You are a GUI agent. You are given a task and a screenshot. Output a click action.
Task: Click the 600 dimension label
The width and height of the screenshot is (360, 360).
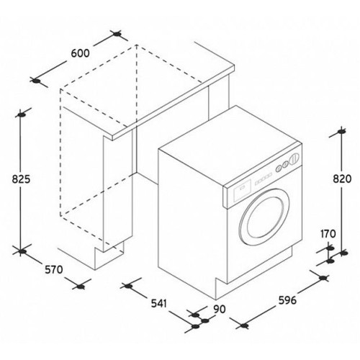click(x=80, y=53)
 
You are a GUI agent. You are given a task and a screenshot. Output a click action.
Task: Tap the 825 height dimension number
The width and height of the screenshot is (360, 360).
click(x=21, y=179)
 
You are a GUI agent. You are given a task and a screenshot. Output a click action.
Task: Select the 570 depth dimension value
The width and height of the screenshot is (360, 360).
click(x=54, y=270)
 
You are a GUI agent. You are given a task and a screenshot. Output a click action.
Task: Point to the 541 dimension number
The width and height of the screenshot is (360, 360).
click(x=158, y=304)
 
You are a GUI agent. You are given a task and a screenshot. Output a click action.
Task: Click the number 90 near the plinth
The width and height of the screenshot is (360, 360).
click(x=220, y=309)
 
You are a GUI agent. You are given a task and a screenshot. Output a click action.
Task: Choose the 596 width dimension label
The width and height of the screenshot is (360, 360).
click(x=287, y=300)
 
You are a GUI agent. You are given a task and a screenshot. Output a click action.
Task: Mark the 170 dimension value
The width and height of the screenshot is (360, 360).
click(x=328, y=234)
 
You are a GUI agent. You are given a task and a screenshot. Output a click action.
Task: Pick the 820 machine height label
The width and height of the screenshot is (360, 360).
click(x=342, y=179)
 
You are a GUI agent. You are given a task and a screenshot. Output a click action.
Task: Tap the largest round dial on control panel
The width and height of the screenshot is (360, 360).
click(x=294, y=159)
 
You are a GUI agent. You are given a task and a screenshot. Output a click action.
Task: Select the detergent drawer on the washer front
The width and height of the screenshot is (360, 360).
click(x=241, y=189)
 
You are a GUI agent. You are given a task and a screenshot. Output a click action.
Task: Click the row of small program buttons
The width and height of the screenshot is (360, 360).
click(x=263, y=179)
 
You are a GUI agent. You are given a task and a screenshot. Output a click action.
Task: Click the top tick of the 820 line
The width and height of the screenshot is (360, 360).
click(x=341, y=132)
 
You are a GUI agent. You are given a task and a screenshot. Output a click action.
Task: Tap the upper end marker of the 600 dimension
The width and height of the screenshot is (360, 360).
click(x=117, y=35)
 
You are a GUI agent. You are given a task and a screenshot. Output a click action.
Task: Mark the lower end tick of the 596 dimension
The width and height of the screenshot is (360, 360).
click(x=244, y=325)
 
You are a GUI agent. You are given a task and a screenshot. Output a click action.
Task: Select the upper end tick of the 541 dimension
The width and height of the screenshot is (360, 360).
click(x=129, y=286)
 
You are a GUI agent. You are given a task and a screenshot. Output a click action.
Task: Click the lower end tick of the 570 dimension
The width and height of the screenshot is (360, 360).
click(x=81, y=287)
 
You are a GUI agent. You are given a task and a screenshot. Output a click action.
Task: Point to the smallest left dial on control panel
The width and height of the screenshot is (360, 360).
click(x=278, y=168)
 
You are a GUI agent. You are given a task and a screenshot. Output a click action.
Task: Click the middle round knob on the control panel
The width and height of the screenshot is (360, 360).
click(x=285, y=164)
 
